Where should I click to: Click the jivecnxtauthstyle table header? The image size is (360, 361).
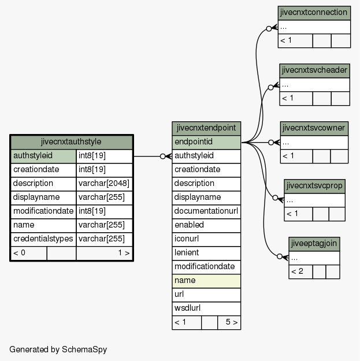(72, 142)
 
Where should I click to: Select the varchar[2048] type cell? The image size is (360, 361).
(104, 184)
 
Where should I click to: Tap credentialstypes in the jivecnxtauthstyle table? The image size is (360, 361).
(43, 239)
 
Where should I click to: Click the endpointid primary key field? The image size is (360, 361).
(206, 142)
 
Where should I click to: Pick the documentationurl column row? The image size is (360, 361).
(206, 211)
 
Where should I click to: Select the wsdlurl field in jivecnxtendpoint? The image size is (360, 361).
(206, 308)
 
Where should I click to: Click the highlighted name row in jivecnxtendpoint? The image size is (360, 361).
(206, 281)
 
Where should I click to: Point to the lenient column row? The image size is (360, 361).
(206, 253)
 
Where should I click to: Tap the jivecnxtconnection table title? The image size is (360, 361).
(314, 13)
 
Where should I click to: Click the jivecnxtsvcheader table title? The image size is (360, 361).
(314, 70)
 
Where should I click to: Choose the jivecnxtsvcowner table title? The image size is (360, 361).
(314, 128)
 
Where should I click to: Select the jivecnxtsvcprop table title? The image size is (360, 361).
(314, 186)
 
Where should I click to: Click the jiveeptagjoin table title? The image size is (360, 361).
(314, 244)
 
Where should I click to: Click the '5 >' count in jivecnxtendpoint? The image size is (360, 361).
(231, 322)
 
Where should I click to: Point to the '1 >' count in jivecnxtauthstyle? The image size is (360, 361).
(124, 253)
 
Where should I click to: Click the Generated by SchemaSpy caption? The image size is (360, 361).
(58, 349)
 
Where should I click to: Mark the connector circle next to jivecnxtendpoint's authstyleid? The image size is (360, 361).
(162, 157)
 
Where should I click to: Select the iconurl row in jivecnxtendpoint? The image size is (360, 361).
(206, 239)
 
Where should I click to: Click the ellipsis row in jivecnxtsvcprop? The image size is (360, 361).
(314, 200)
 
